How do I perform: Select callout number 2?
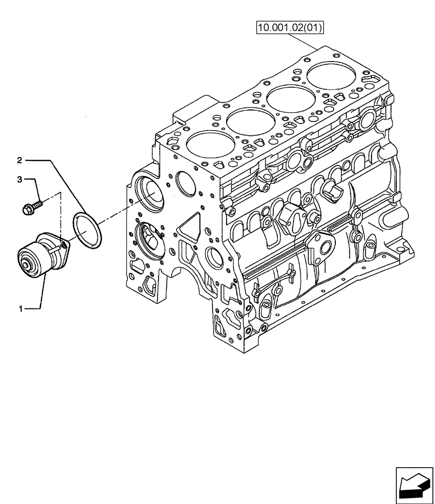tap(19, 161)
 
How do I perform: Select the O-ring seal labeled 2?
tap(87, 230)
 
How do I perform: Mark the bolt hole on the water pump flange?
tap(64, 245)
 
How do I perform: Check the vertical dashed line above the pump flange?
tap(60, 217)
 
